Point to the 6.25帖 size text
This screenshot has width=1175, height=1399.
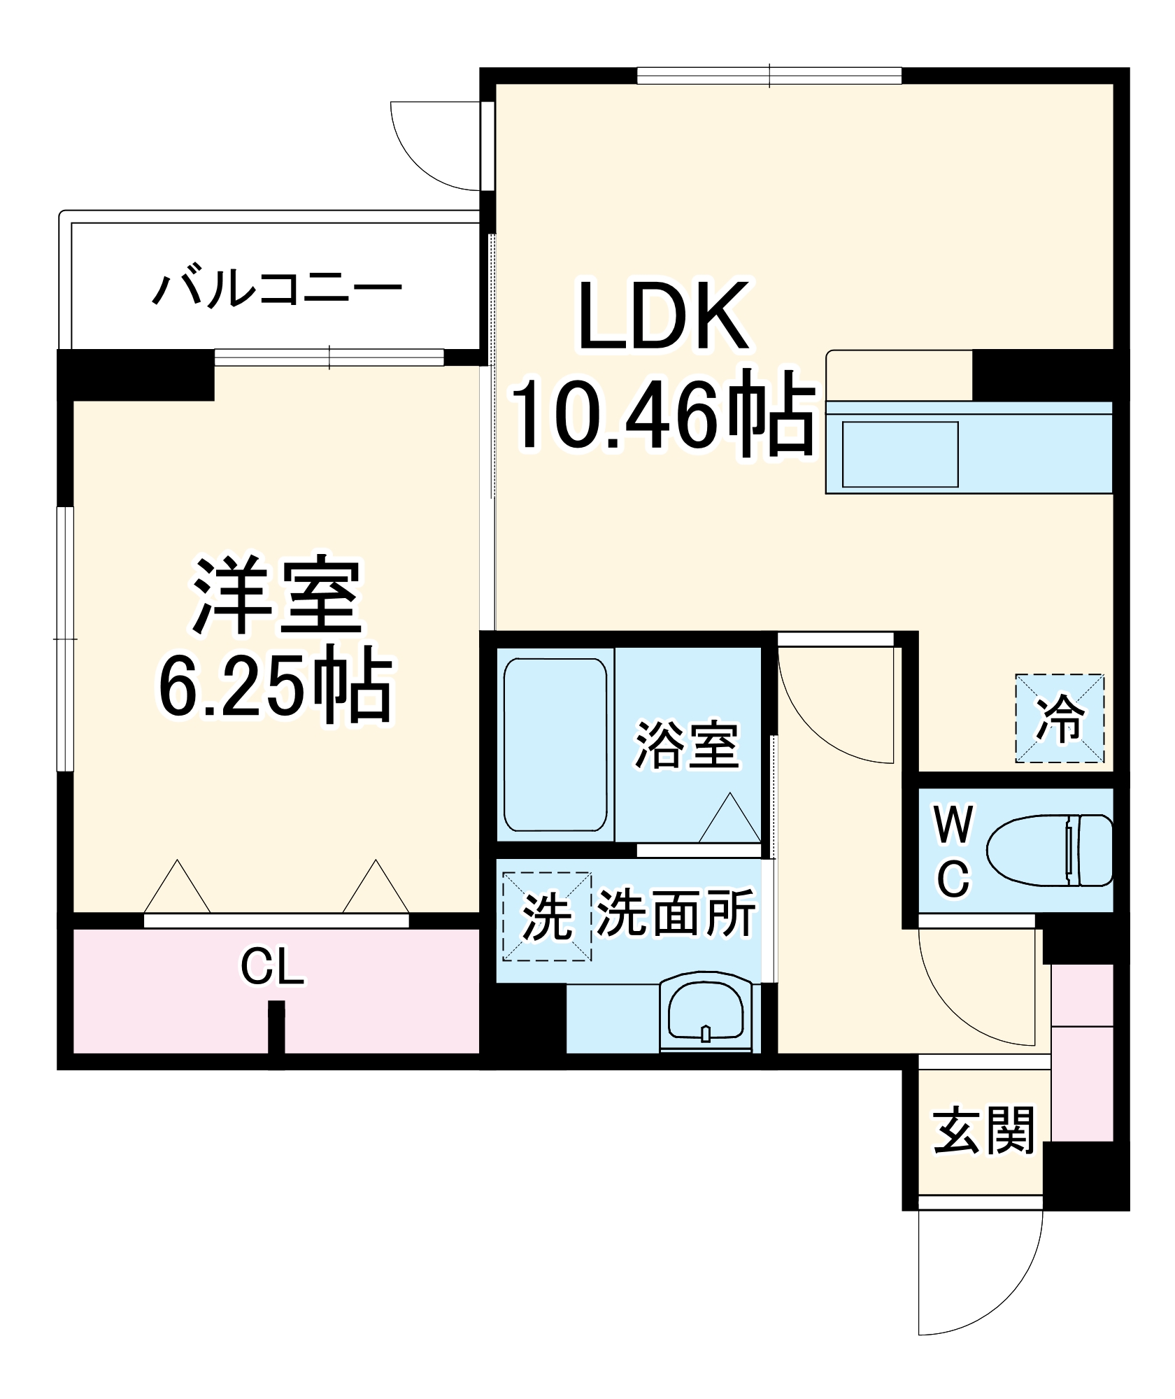[276, 689]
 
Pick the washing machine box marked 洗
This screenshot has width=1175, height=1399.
[547, 916]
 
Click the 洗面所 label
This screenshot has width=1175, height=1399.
[676, 913]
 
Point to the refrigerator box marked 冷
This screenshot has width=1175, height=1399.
[1060, 718]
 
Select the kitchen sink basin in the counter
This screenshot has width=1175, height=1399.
[899, 454]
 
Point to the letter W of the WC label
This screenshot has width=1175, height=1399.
[953, 825]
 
